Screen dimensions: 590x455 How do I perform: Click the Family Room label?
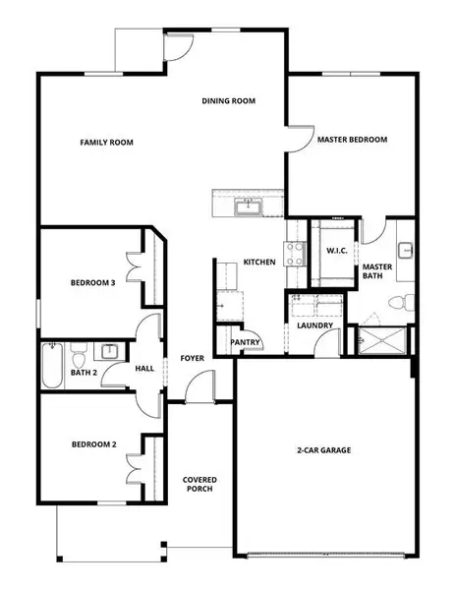(x=106, y=143)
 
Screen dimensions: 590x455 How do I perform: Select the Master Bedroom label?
(x=352, y=141)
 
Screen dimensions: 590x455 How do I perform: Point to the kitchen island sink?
(x=249, y=206)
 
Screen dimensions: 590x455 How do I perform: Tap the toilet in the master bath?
(x=399, y=301)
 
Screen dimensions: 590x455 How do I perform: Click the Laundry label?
(x=314, y=325)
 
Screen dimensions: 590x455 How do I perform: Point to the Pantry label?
(x=244, y=342)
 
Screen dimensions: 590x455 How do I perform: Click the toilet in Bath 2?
(x=82, y=349)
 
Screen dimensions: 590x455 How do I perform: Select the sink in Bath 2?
(x=109, y=350)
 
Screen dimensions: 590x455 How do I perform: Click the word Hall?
(x=143, y=369)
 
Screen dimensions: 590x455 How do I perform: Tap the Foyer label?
(x=192, y=358)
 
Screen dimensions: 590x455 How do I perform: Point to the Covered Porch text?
(x=199, y=485)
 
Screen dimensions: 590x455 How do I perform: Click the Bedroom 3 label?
(x=93, y=283)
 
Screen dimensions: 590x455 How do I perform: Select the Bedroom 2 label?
(x=93, y=444)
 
